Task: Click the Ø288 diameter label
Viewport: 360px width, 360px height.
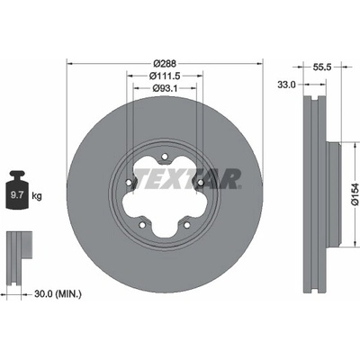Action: [165, 64]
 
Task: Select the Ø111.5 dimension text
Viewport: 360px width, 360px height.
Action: [165, 76]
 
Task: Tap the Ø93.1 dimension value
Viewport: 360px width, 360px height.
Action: [165, 88]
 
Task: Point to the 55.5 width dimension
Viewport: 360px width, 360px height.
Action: [322, 67]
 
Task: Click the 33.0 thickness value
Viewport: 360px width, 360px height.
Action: [286, 85]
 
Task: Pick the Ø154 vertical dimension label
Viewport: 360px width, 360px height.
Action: [355, 193]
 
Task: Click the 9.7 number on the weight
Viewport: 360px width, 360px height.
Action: [17, 195]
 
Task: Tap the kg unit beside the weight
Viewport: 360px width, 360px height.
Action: [37, 196]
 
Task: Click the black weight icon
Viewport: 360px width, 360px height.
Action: [17, 190]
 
